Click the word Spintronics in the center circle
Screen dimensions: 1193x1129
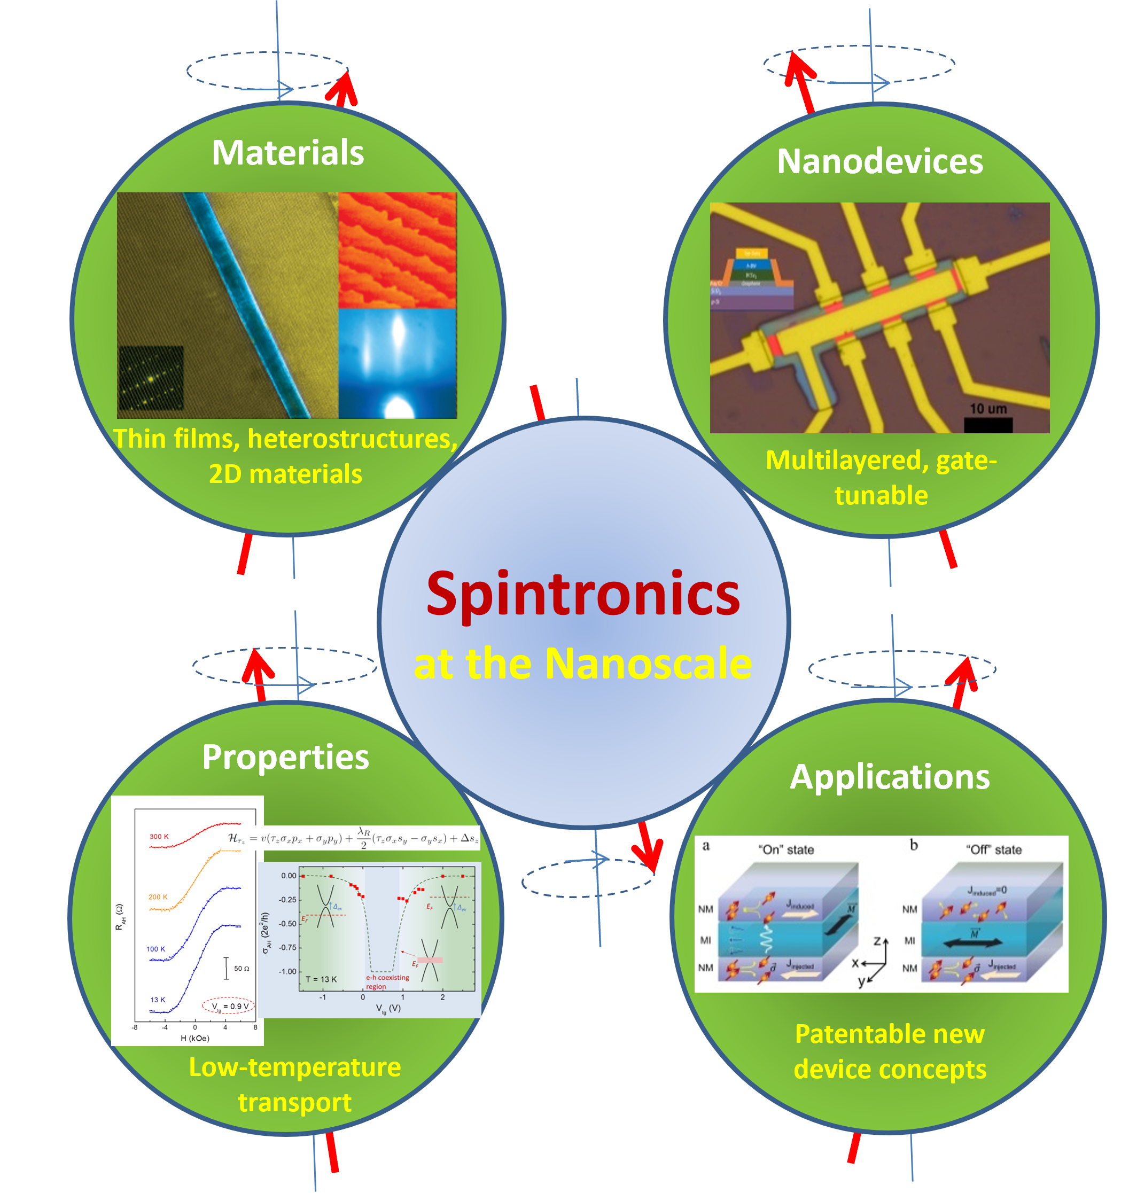582,595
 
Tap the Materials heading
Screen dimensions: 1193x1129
287,153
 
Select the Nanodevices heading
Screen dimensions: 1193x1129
880,162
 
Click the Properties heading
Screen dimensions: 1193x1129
285,757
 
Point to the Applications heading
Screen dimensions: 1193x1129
890,777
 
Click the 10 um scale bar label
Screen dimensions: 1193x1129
988,409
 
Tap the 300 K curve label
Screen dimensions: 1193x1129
159,837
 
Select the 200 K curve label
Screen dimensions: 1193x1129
158,897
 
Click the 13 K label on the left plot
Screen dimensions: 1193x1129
157,1000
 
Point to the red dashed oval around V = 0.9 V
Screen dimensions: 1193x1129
229,1006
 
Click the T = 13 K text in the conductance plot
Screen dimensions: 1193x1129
321,979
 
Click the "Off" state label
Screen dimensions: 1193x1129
994,849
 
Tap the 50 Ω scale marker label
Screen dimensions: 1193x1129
242,969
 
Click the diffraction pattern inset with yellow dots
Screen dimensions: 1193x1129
151,378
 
